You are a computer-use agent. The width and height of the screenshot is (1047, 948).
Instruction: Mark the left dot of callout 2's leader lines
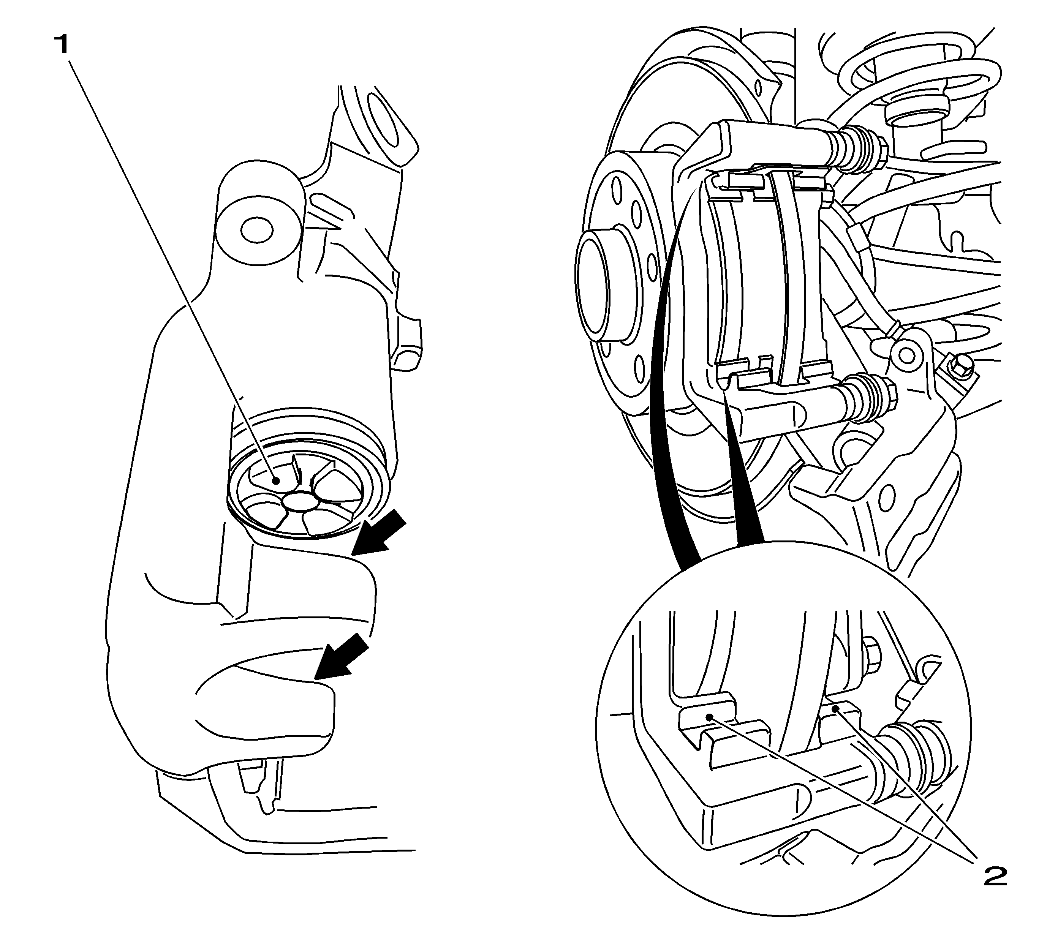pyautogui.click(x=709, y=717)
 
